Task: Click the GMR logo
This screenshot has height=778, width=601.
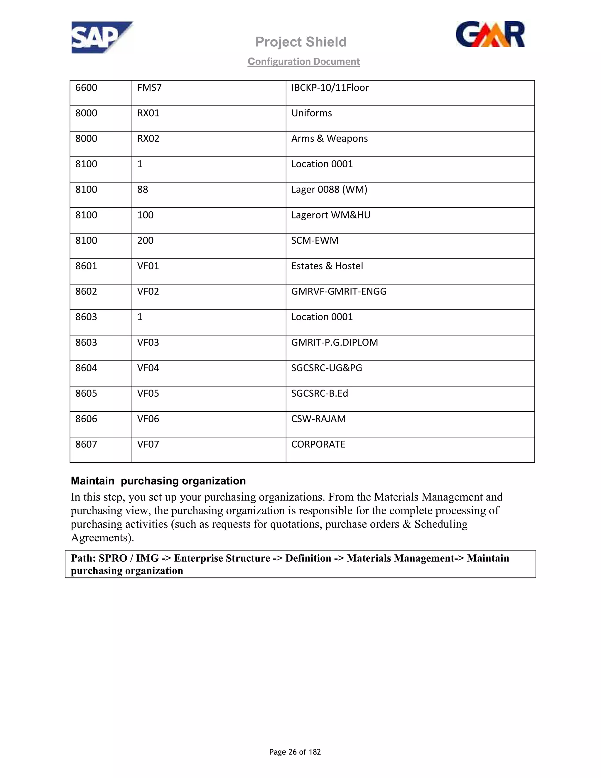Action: click(x=490, y=35)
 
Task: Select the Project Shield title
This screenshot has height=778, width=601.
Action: click(x=301, y=42)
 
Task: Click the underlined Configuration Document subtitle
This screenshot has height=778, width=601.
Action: click(x=304, y=62)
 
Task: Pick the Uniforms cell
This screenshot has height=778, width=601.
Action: click(x=312, y=113)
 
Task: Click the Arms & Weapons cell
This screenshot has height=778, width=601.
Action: click(x=329, y=139)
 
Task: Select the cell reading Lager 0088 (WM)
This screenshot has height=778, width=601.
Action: click(x=329, y=190)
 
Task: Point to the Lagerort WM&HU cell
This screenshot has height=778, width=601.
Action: click(x=331, y=215)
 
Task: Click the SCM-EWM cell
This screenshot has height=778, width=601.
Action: click(x=315, y=240)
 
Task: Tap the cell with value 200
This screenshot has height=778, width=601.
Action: click(x=145, y=240)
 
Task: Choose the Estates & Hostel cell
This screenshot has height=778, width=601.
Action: click(x=327, y=266)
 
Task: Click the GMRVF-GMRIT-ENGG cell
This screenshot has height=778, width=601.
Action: click(x=339, y=292)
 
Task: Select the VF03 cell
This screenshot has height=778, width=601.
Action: click(x=148, y=342)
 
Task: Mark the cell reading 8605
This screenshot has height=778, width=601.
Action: click(x=86, y=393)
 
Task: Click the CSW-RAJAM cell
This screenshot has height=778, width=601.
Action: click(x=318, y=419)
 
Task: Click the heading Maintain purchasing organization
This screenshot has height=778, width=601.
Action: click(x=158, y=481)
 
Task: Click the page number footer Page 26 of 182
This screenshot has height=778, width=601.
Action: click(x=295, y=752)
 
